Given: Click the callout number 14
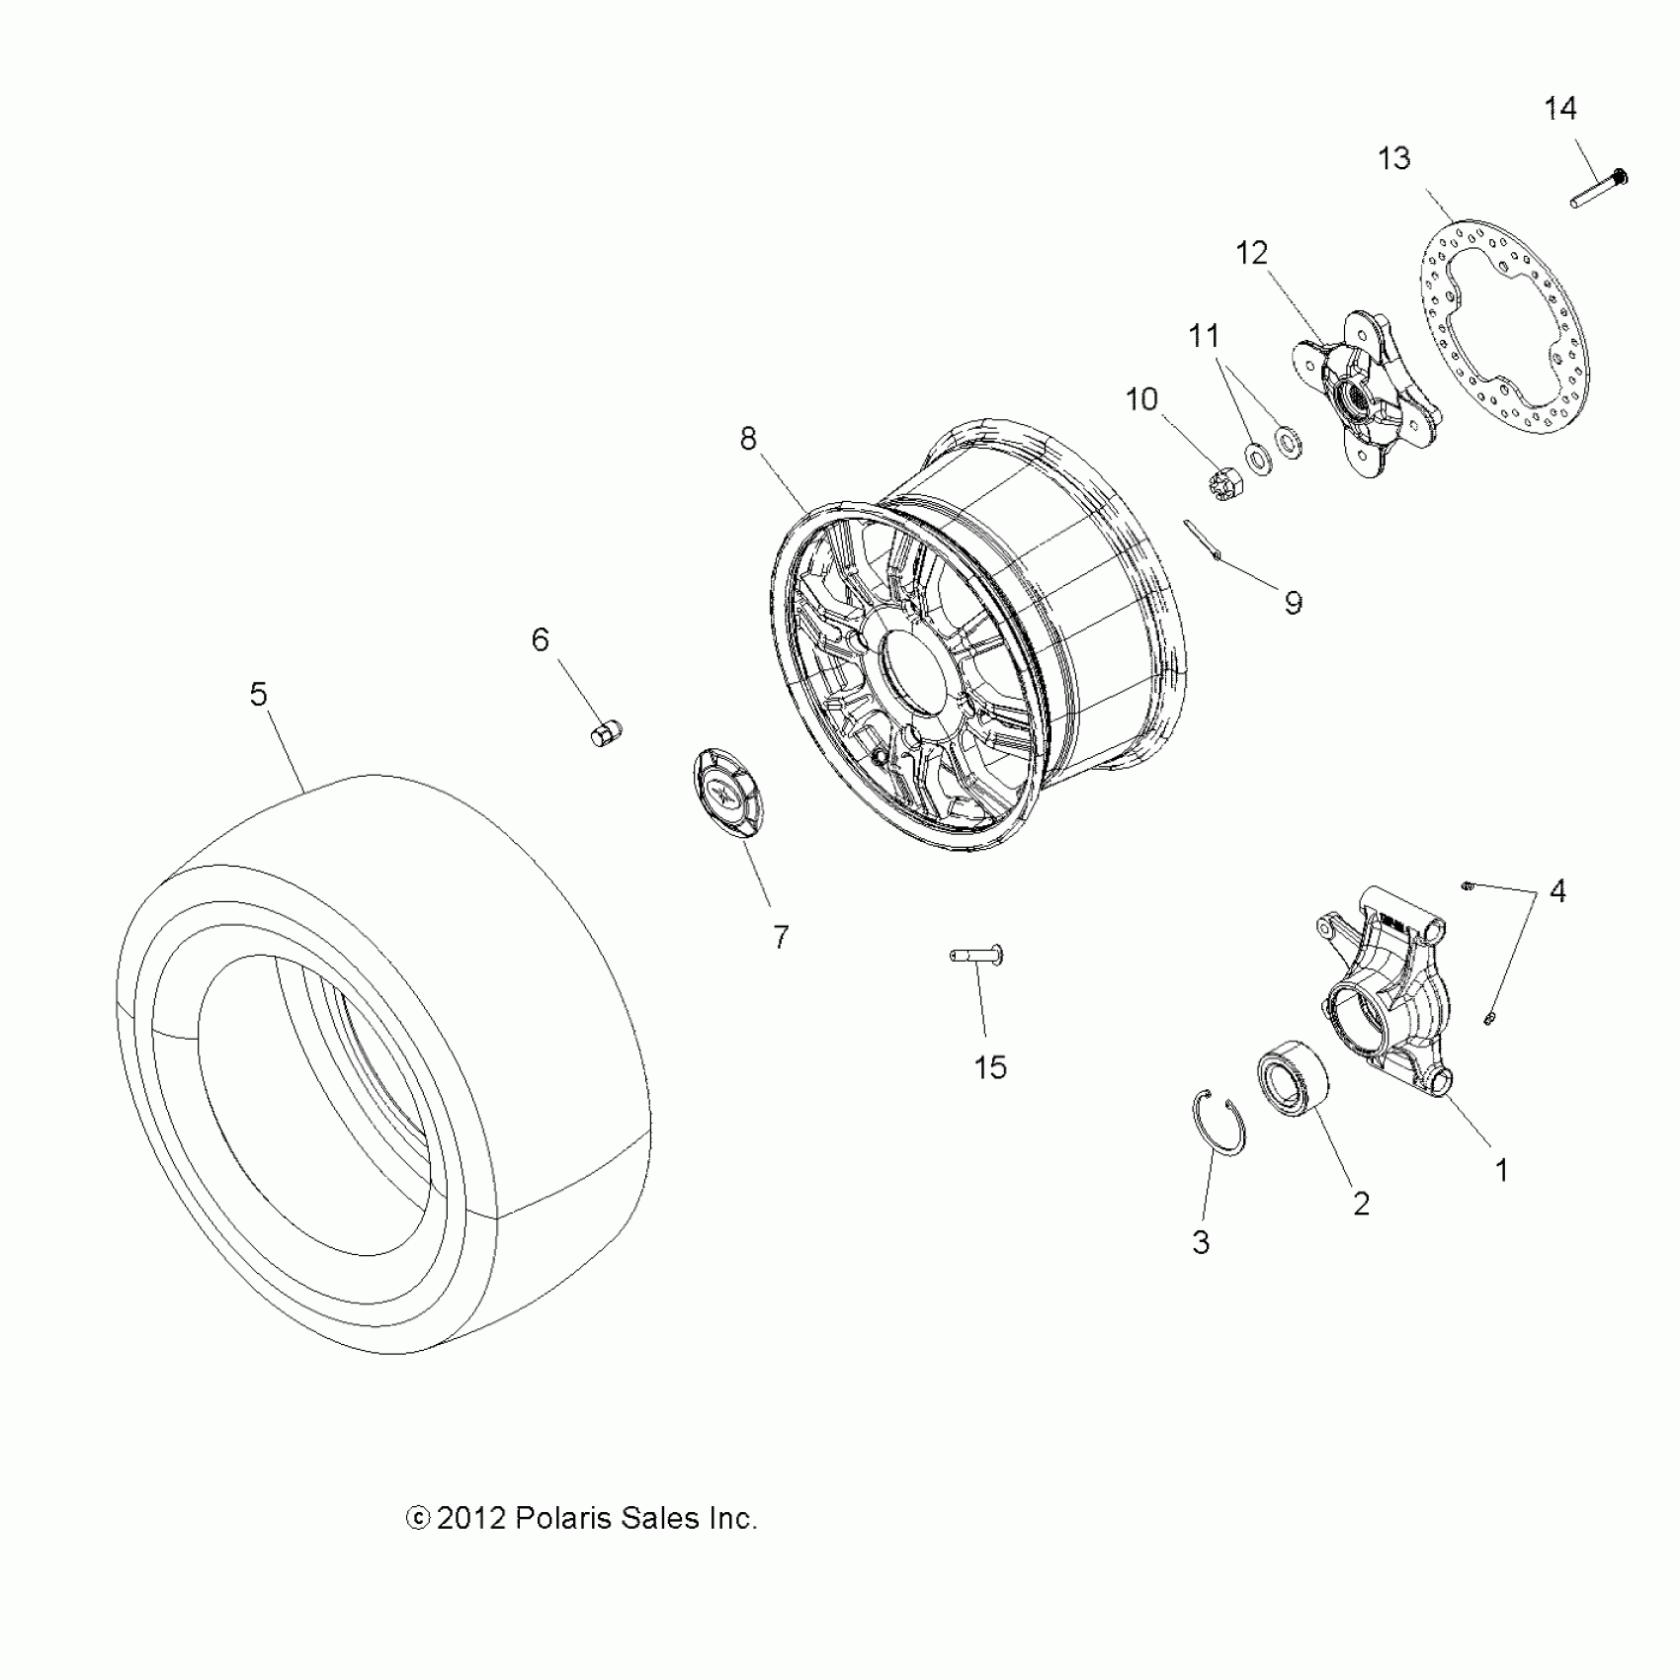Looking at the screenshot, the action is [1560, 109].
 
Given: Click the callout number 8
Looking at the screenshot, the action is [748, 439].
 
